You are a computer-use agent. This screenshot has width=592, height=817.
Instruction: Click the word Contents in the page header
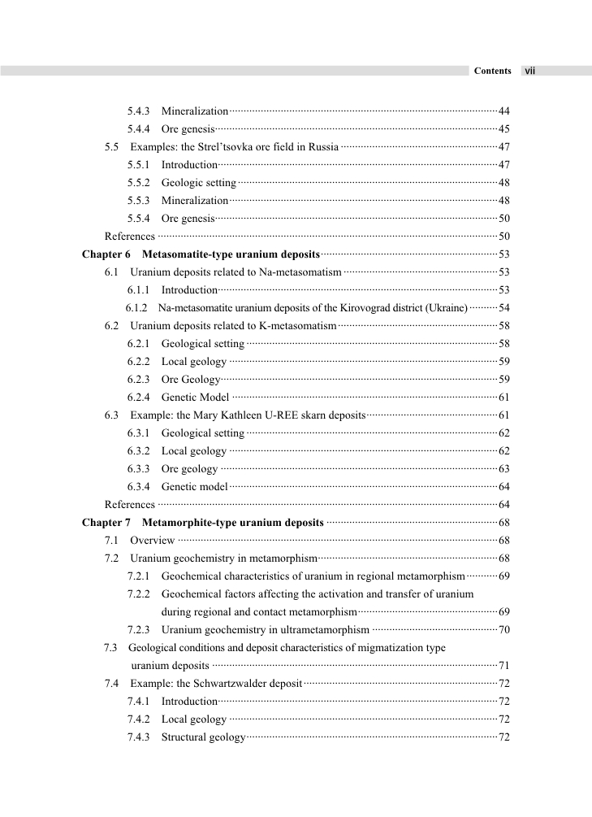click(x=492, y=71)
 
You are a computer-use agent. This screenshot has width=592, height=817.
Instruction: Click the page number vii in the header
click(x=529, y=71)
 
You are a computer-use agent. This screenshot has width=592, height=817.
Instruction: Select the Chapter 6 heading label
click(x=106, y=254)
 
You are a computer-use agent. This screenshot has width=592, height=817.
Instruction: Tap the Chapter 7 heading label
click(x=106, y=523)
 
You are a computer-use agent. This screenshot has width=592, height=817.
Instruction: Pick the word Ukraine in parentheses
click(x=447, y=308)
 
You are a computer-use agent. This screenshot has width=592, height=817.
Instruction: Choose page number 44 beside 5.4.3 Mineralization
click(x=503, y=111)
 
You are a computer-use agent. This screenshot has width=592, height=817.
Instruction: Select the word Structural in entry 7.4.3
click(x=184, y=737)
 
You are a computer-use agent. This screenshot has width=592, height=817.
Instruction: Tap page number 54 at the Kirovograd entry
click(x=503, y=308)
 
